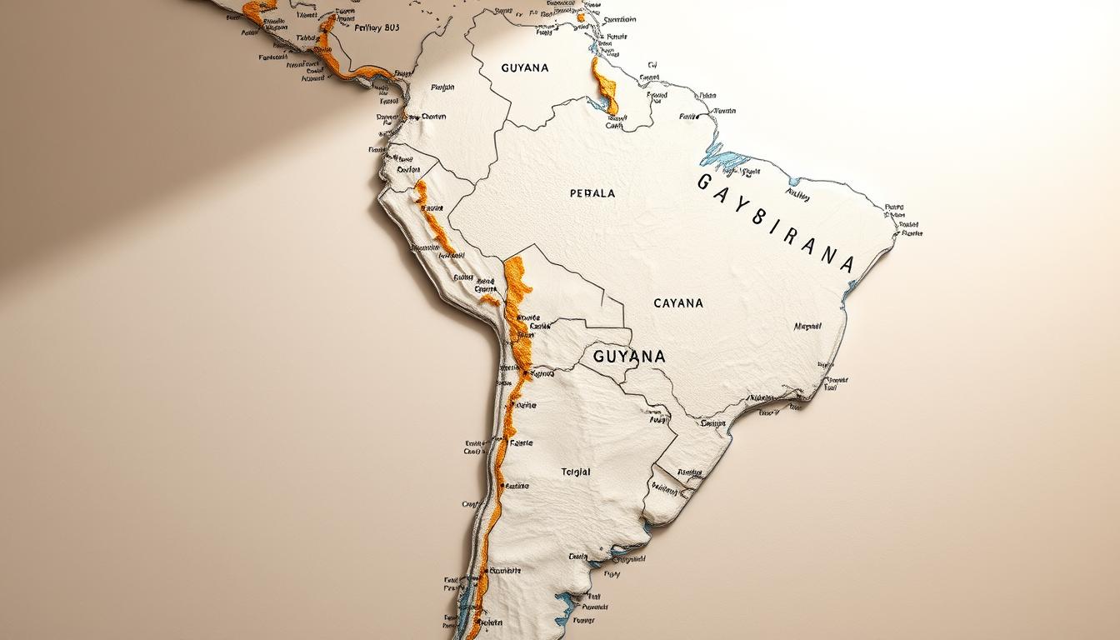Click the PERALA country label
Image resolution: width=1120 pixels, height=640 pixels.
(x=592, y=193)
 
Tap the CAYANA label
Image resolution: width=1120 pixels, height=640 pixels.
(x=678, y=303)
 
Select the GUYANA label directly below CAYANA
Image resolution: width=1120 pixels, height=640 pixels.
(x=629, y=357)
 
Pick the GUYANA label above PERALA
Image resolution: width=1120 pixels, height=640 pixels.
(x=525, y=67)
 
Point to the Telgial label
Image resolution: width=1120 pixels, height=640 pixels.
(x=575, y=472)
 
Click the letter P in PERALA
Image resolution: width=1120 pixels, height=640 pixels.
(x=573, y=193)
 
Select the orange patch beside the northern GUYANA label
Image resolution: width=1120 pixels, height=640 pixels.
(x=605, y=87)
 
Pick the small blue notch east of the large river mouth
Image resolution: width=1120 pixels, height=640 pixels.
(x=795, y=181)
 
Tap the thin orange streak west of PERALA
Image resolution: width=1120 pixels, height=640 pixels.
(x=432, y=218)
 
